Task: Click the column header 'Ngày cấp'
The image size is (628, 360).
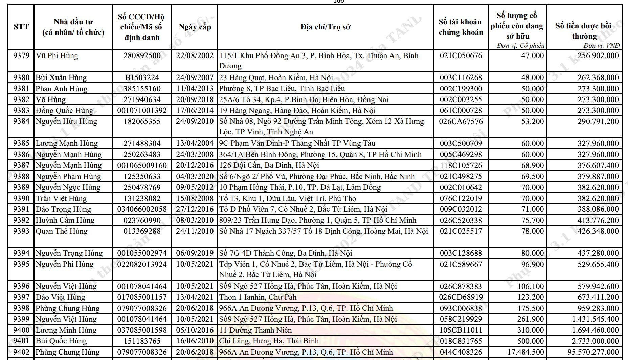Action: click(195, 27)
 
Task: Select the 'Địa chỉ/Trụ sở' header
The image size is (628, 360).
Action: click(325, 27)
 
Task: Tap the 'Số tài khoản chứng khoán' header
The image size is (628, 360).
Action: click(461, 27)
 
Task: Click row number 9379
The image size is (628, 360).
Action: click(21, 56)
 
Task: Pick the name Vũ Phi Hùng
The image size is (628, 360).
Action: click(57, 56)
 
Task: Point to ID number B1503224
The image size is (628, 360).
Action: click(142, 78)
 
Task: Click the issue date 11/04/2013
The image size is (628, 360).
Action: click(195, 89)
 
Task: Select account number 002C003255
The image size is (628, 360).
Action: click(461, 100)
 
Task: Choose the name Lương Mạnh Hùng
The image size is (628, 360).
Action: click(67, 143)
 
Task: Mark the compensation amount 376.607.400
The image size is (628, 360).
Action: click(598, 165)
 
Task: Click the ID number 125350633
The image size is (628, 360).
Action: click(142, 177)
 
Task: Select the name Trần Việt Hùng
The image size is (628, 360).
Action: click(61, 198)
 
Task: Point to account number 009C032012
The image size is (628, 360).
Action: click(461, 209)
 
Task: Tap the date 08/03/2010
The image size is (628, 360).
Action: click(195, 220)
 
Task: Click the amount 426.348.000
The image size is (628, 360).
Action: click(598, 231)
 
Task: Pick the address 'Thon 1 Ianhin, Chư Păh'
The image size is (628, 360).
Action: click(257, 297)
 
